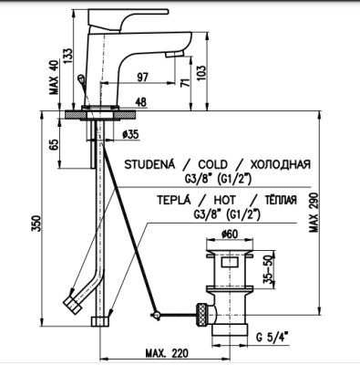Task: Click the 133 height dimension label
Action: [x=68, y=55]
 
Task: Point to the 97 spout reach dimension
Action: [x=142, y=77]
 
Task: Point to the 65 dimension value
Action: [x=54, y=144]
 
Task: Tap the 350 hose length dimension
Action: [x=36, y=223]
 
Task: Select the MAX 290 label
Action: [x=314, y=213]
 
